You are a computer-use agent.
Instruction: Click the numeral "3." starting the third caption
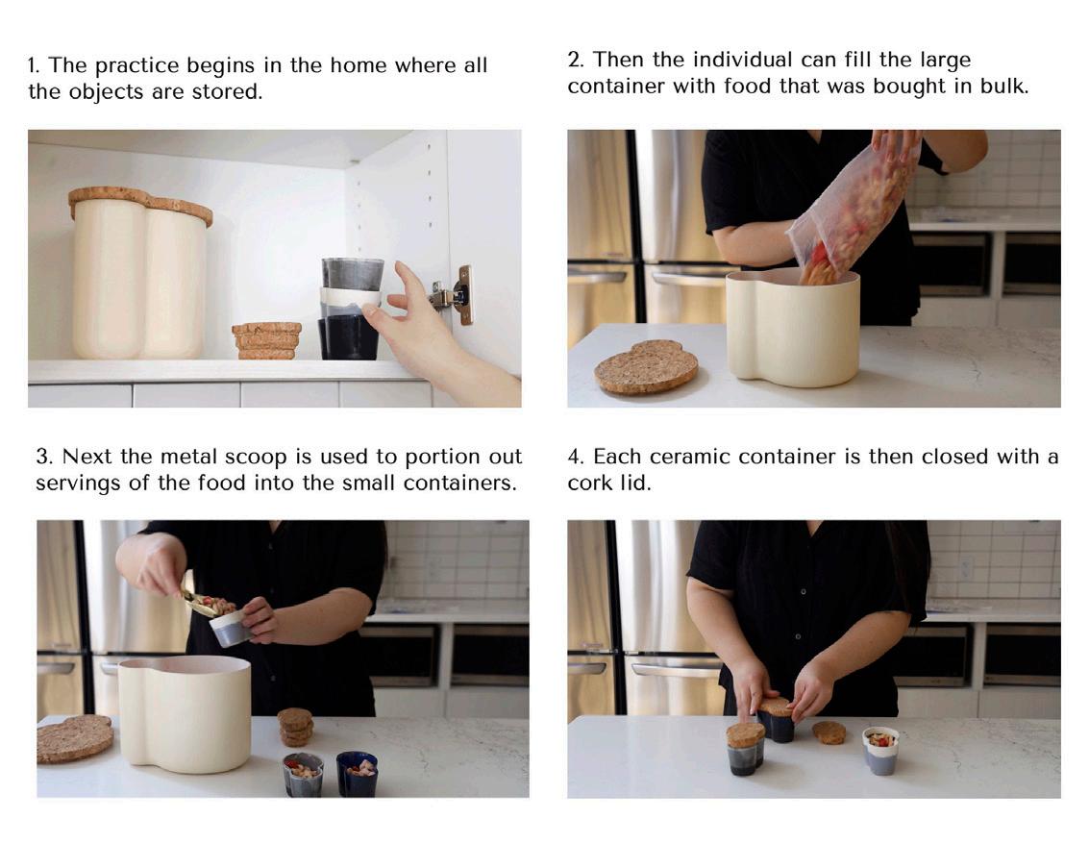pos(44,457)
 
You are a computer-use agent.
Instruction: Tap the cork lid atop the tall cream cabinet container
pos(140,204)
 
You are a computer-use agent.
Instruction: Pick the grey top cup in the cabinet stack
pos(352,274)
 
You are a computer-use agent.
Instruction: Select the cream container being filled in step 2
pos(793,327)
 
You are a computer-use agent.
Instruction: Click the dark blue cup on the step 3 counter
pos(357,773)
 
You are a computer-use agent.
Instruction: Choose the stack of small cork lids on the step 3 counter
pos(296,727)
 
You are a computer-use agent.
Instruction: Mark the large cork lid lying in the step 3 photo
pos(74,738)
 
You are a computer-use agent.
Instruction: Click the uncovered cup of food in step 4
pos(880,750)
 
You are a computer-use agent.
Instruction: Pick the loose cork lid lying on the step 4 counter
pos(829,732)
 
